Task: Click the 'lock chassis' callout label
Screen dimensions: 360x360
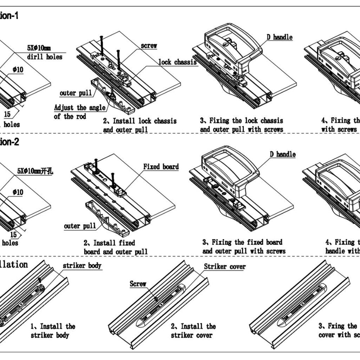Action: point(177,62)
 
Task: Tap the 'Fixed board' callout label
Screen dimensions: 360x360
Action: point(161,167)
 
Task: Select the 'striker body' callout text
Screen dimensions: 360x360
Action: point(82,266)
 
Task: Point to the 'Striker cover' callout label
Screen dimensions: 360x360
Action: point(225,267)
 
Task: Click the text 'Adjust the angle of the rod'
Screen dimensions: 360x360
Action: point(80,112)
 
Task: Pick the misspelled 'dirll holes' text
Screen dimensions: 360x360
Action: point(45,57)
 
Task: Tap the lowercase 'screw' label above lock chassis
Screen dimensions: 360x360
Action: point(149,46)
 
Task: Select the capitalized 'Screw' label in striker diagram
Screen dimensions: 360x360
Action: point(138,284)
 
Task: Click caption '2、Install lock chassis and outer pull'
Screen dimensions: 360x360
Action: point(140,125)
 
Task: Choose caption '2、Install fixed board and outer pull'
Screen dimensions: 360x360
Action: point(116,247)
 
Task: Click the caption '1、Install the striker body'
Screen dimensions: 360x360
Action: point(53,330)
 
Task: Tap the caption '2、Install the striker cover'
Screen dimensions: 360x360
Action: point(193,330)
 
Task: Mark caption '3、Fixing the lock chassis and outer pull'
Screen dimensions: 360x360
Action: point(242,125)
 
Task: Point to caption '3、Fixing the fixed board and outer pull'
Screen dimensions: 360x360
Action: point(243,247)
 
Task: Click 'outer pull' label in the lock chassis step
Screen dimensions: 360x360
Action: point(76,93)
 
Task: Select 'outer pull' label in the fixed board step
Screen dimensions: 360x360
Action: point(80,226)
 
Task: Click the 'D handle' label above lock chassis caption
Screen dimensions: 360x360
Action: point(279,37)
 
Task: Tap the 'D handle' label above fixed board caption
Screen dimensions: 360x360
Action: point(283,154)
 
